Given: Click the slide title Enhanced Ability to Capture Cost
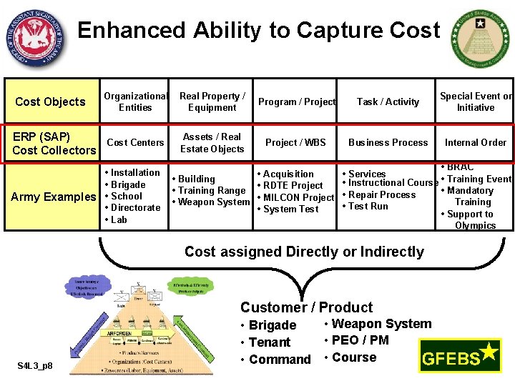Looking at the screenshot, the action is coord(259,31).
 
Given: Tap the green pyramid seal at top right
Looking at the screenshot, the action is coord(481,39).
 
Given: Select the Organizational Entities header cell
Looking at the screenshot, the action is coord(135,102).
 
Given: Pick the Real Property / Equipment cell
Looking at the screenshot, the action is coord(212,102).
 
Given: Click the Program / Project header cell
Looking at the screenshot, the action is coord(297,102).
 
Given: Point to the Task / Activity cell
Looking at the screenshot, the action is coord(388,102).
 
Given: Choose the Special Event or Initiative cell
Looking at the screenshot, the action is coord(476,102).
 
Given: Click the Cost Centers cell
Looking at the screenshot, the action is coord(135,142).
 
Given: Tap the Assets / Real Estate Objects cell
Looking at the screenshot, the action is coord(212,142).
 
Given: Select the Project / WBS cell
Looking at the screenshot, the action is coord(295,142).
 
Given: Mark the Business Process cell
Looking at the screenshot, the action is coord(388,142).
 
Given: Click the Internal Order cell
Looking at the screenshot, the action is coord(476,142).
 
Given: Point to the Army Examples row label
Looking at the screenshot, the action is coord(54,197).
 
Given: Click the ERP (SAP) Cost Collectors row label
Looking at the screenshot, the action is coord(54,143).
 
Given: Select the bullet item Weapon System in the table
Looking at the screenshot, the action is coord(213,202).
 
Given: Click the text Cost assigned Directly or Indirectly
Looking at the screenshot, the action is coord(304,252).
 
